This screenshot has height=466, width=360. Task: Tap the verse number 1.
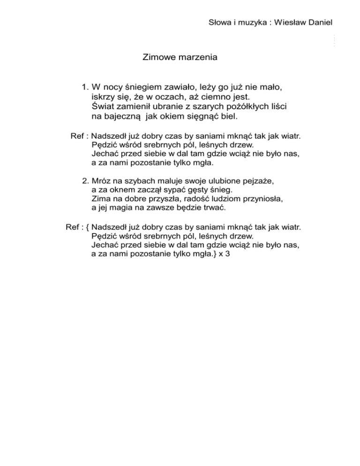tap(84, 87)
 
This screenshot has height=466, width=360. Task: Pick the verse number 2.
tap(84, 180)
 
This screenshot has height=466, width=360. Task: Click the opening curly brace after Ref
tap(89, 227)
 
